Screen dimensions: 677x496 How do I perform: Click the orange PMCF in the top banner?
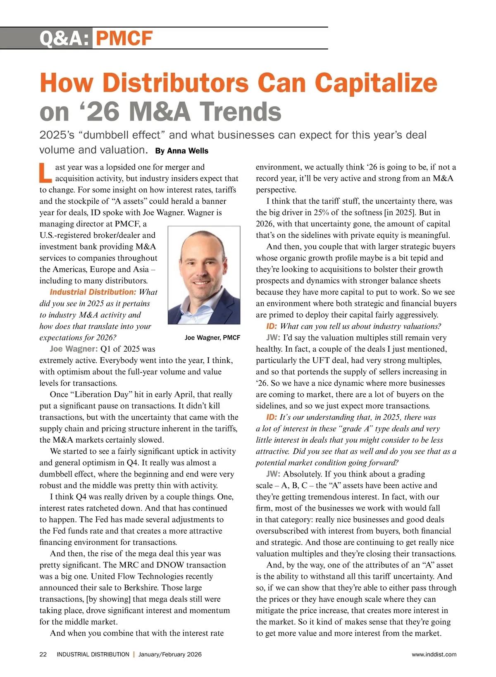124,38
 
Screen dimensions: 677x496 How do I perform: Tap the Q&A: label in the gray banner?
64,38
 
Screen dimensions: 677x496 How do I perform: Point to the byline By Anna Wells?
182,151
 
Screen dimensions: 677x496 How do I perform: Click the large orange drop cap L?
45,173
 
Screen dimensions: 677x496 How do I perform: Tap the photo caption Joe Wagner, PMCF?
212,338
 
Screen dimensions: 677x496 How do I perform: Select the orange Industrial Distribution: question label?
93,292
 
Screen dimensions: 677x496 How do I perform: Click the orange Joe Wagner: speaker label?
74,349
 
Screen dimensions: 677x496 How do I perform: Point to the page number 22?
43,654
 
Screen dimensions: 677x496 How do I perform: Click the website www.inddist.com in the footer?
434,654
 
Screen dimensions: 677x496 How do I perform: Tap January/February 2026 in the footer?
170,654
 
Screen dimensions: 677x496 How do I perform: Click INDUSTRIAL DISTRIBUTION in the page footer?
93,654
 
